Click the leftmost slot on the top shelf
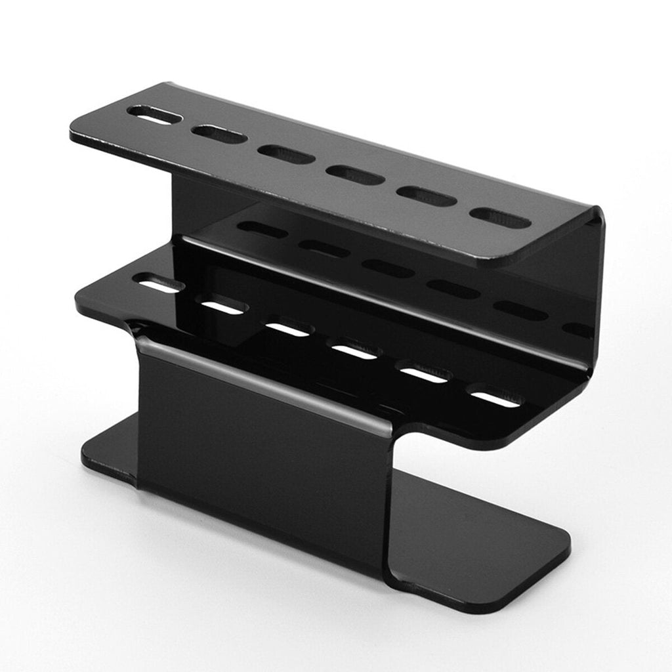pos(155,116)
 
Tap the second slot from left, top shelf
pos(219,135)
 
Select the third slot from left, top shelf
pos(285,155)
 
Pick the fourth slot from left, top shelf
pos(355,175)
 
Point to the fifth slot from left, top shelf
pos(427,196)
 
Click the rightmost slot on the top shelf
pos(501,218)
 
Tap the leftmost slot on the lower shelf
pos(157,285)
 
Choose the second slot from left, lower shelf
pos(222,306)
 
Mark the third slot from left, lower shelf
pos(287,328)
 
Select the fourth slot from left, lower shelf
pos(356,351)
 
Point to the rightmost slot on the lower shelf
pos(496,398)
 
